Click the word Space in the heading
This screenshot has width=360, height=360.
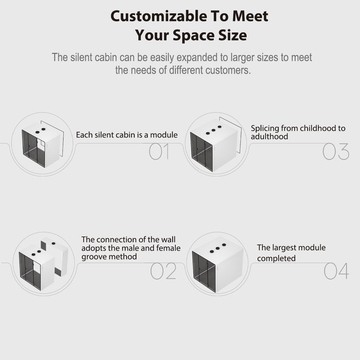pyautogui.click(x=192, y=35)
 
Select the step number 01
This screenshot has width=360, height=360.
pyautogui.click(x=159, y=152)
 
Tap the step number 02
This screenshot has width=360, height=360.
pyautogui.click(x=163, y=271)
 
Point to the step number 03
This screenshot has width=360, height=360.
pyautogui.click(x=336, y=152)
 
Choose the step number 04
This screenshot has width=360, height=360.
pyautogui.click(x=336, y=271)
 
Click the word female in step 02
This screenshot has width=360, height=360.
pyautogui.click(x=168, y=248)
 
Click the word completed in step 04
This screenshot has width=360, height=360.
pyautogui.click(x=276, y=258)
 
